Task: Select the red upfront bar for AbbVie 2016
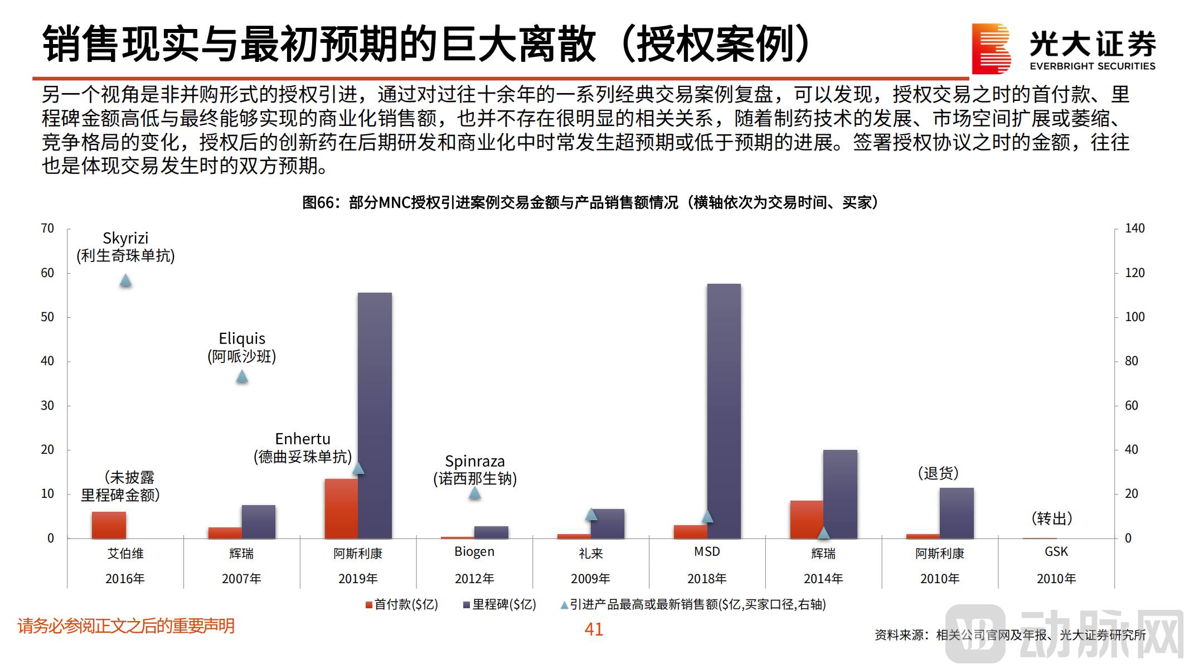pos(109,525)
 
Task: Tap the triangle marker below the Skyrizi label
pos(125,280)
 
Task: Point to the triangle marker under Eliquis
pos(242,376)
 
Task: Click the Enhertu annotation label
pos(303,448)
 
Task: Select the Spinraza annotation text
pos(475,469)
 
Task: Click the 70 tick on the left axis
pos(47,228)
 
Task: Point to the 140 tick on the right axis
pos(1134,228)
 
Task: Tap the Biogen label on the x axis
pos(474,551)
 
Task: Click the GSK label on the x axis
pos(1056,551)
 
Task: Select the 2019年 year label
pos(358,579)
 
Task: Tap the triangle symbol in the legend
pos(564,605)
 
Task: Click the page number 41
pos(594,629)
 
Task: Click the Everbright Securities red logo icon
pos(991,49)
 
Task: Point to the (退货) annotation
pos(938,473)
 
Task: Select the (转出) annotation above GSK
pos(1052,518)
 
